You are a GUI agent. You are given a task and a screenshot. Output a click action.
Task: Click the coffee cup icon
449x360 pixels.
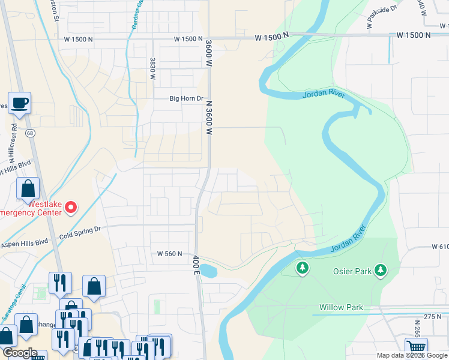click(19, 103)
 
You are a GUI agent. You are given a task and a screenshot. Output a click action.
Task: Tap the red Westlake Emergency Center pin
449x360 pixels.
click(71, 208)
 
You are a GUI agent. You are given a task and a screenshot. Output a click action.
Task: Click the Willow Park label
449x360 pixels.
click(341, 307)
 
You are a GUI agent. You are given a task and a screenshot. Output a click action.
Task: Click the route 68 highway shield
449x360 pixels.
click(29, 134)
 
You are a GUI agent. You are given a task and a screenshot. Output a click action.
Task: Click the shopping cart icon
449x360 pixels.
click(416, 347)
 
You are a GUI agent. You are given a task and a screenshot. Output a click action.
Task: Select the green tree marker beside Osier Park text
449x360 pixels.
click(379, 271)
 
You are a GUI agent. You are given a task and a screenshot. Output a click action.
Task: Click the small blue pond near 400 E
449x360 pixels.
click(208, 271)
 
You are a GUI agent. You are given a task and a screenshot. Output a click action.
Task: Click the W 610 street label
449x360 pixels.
click(440, 247)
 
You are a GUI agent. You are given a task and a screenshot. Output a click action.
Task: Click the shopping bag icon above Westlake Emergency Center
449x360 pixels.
click(28, 189)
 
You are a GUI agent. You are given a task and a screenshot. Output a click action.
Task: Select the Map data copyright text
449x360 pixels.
click(411, 355)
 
